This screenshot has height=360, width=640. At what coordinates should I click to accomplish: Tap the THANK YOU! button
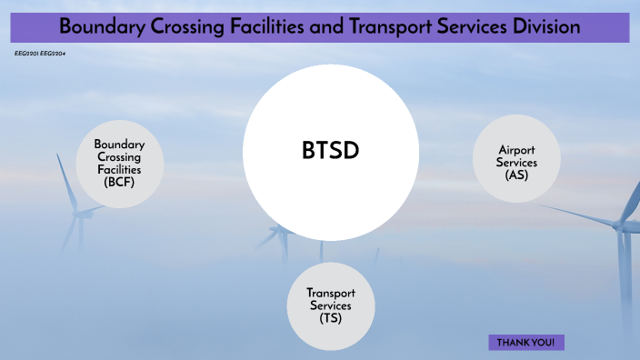(x=526, y=343)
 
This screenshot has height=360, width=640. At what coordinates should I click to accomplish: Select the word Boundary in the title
(x=97, y=27)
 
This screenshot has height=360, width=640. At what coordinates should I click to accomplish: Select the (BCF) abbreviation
(x=119, y=182)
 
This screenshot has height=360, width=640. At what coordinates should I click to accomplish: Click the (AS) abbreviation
(x=517, y=175)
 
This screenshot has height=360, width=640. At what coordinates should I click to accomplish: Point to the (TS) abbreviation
(x=330, y=318)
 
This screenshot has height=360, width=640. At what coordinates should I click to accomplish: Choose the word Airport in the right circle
(x=517, y=150)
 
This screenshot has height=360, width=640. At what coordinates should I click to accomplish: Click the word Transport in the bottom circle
(x=330, y=293)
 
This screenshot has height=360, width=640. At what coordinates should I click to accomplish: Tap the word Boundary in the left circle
(x=119, y=145)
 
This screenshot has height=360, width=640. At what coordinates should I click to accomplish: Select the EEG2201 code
(x=27, y=54)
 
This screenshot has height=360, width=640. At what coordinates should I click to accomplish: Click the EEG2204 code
(x=53, y=54)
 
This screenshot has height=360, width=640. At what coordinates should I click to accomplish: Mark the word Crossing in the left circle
(x=119, y=157)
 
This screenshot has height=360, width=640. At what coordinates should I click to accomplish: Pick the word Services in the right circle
(x=517, y=163)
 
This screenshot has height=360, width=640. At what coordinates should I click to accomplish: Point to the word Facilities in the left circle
(x=119, y=169)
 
